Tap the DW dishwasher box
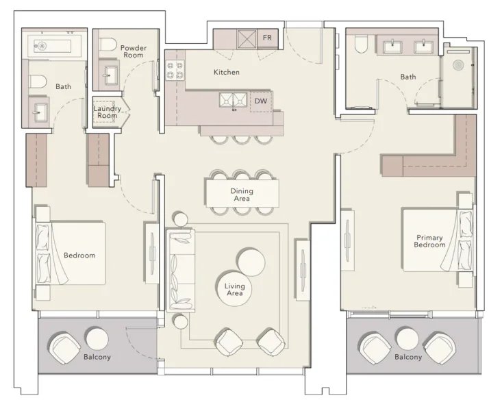pos(260,101)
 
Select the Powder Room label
pos(134,52)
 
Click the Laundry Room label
pos(108,112)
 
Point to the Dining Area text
pos(241,195)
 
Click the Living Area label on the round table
pos(235,290)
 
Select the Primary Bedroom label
pos(430,241)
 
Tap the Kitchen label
pos(226,72)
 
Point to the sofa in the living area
pos(181,271)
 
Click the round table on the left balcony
pos(96,338)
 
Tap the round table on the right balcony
pos(407,338)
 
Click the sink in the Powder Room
pos(110,75)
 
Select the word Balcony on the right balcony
pos(407,357)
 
